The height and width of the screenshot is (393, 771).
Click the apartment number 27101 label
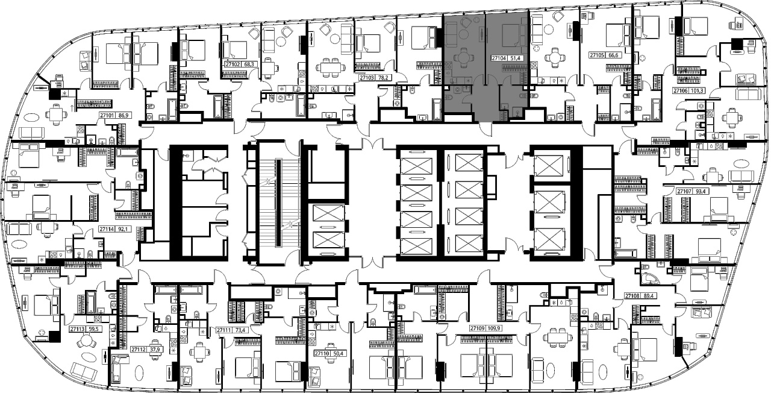point(107,116)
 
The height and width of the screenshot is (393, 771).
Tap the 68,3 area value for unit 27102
point(249,64)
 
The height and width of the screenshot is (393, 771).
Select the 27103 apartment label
point(367,78)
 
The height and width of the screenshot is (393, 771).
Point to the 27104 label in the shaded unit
point(499,58)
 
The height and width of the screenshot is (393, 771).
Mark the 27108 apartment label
point(632,296)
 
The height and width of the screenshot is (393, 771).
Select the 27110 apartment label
point(322,353)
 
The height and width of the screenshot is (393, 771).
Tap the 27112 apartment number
point(139,350)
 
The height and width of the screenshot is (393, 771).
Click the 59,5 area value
point(93,329)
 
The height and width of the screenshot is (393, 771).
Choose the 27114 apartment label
point(106,229)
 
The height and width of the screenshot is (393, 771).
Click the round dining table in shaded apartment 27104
point(463,58)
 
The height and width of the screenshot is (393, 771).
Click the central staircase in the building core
point(278,203)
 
